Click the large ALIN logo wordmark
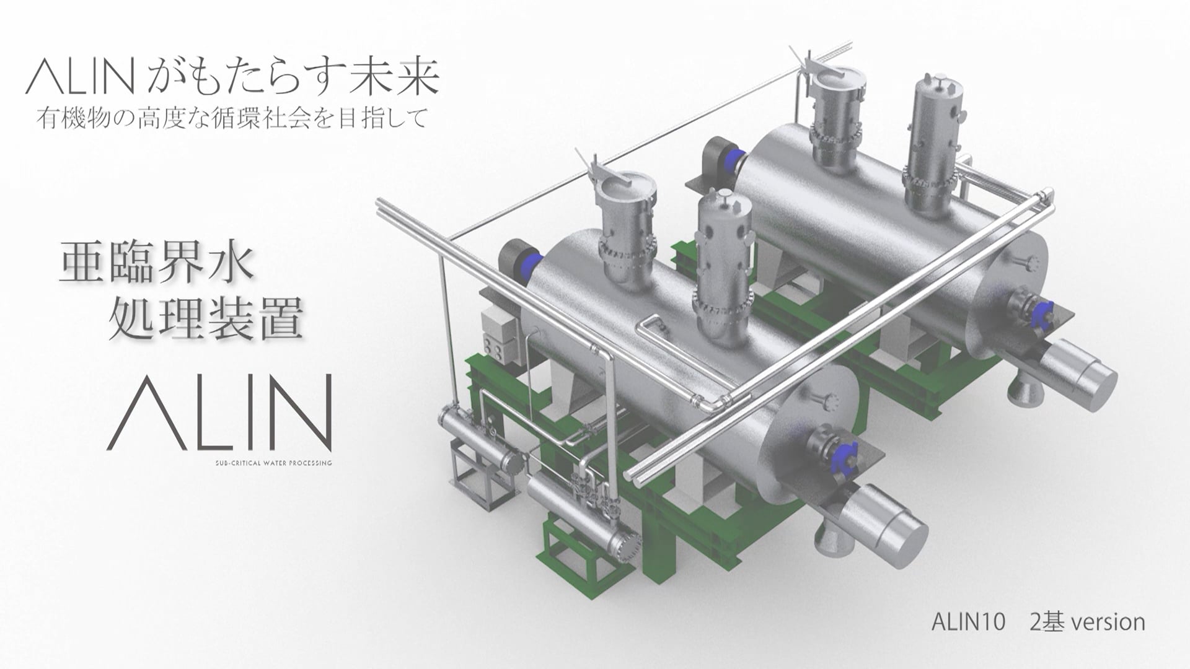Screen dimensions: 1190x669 (219, 413)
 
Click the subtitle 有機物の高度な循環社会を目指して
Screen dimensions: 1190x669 (232, 118)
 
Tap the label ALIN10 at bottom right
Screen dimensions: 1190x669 (967, 622)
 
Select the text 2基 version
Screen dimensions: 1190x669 (1087, 622)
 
